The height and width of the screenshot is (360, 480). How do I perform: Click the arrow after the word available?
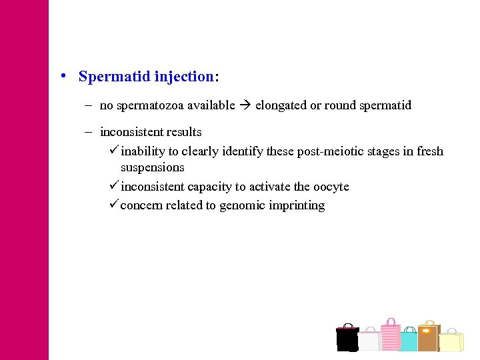click(x=245, y=105)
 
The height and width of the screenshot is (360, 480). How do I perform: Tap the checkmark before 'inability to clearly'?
click(x=113, y=151)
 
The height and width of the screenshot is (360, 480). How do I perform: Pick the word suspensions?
click(x=152, y=167)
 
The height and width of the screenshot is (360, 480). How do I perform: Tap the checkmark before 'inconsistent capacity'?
click(x=113, y=187)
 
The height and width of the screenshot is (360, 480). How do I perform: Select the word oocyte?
click(x=331, y=187)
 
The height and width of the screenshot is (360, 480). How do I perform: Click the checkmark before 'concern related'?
click(x=113, y=205)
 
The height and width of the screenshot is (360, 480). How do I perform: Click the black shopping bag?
click(x=347, y=339)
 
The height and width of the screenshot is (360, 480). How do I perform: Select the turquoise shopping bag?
click(x=409, y=341)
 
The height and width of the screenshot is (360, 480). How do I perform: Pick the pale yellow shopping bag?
click(x=451, y=341)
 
